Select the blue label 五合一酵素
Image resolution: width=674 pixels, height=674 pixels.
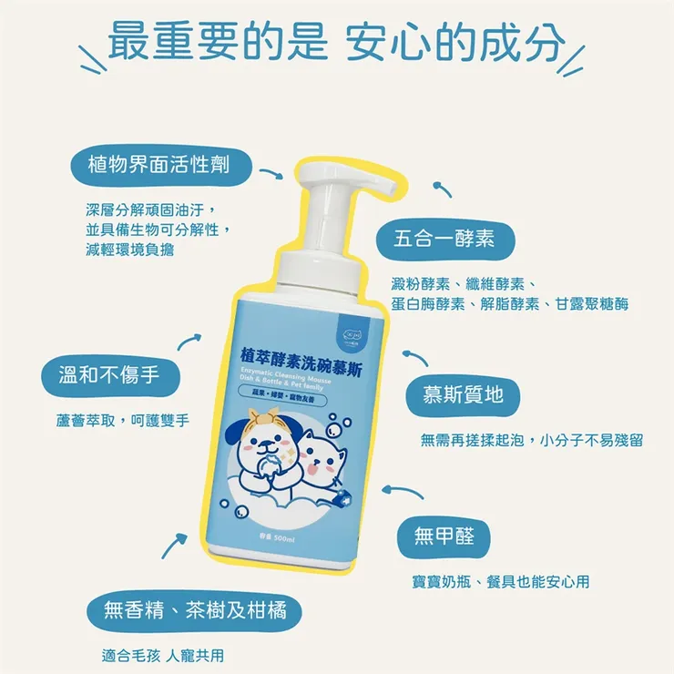point(444,239)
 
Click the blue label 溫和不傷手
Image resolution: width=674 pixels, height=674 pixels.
point(107,375)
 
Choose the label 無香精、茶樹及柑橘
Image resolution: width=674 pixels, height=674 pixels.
point(195,609)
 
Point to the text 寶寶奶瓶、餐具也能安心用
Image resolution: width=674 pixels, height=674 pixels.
point(502,581)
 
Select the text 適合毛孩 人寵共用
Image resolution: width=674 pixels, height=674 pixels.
point(163,654)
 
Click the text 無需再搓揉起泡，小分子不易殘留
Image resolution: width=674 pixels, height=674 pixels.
point(532,440)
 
